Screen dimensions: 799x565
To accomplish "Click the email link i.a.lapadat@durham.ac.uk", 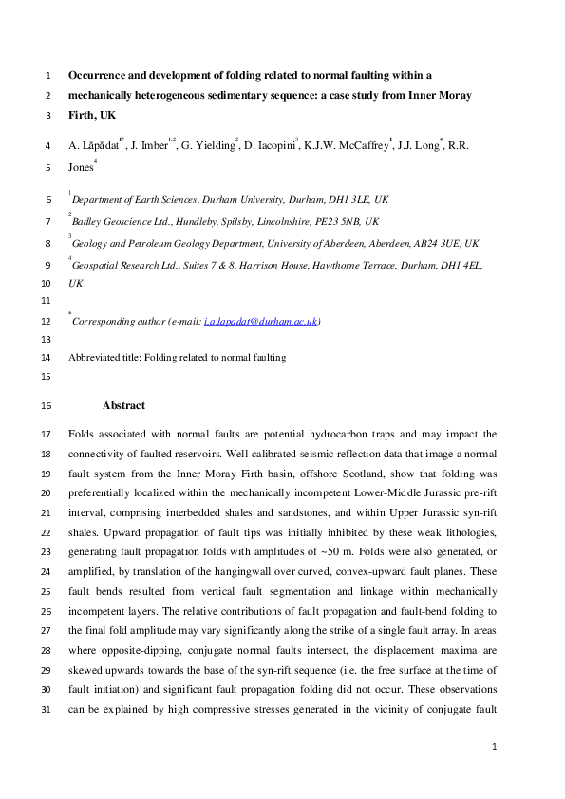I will pyautogui.click(x=261, y=322).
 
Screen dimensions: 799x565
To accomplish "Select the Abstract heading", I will pyautogui.click(x=123, y=405).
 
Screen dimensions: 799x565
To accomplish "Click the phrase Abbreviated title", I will pyautogui.click(x=105, y=357).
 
